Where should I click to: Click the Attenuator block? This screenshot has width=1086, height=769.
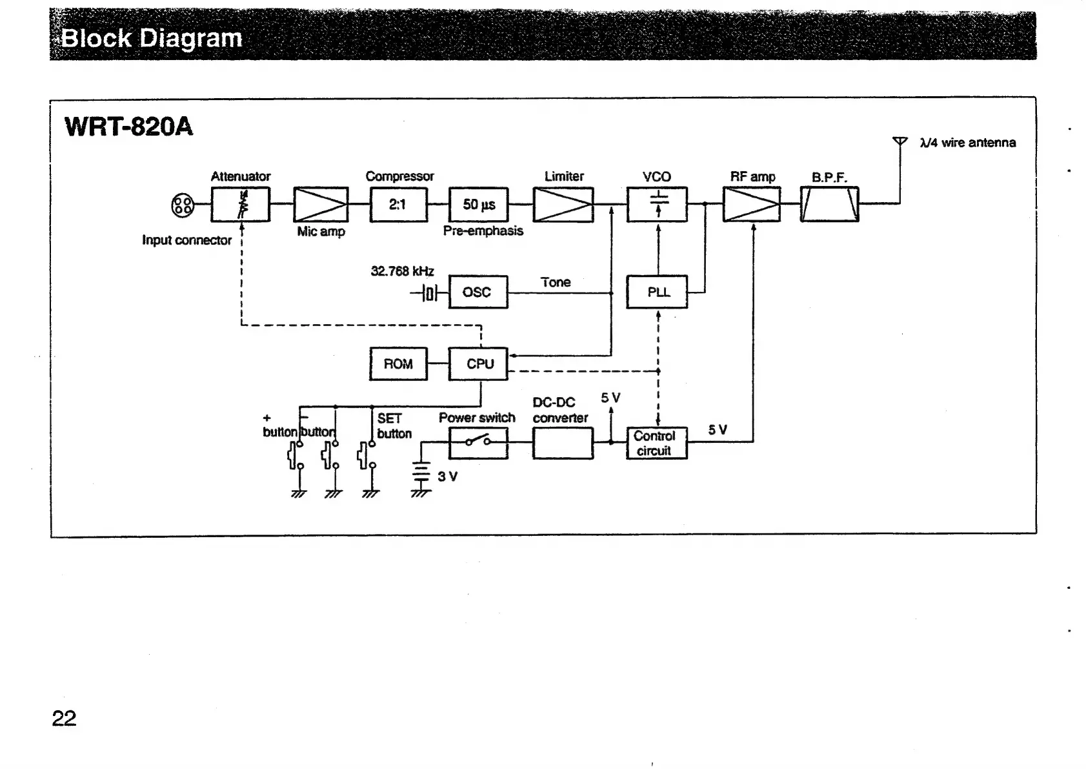tap(240, 204)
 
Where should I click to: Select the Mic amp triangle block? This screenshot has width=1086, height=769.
tap(321, 204)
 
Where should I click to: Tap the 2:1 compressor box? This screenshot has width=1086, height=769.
tap(398, 204)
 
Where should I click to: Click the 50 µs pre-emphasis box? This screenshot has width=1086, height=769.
tap(478, 204)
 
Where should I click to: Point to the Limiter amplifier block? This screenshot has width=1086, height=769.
tap(563, 204)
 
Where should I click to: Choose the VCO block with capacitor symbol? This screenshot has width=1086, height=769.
tap(657, 204)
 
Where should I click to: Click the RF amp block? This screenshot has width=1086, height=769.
tap(752, 204)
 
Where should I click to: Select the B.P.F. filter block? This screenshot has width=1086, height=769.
tap(829, 204)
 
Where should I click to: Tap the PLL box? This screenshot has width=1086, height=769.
tap(657, 292)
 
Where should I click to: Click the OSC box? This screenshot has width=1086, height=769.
tap(478, 292)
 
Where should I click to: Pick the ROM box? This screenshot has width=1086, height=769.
tap(398, 364)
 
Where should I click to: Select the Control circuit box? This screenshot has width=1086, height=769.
tap(657, 443)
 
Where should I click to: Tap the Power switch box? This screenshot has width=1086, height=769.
tap(478, 443)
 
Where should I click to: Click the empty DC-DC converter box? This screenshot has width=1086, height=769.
tap(563, 443)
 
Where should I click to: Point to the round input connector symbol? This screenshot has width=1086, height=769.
tap(183, 205)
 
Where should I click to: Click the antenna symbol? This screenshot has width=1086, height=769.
tap(900, 142)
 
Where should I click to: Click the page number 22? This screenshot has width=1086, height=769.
tap(64, 718)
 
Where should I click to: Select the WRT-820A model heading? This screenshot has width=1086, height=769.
tap(128, 127)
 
